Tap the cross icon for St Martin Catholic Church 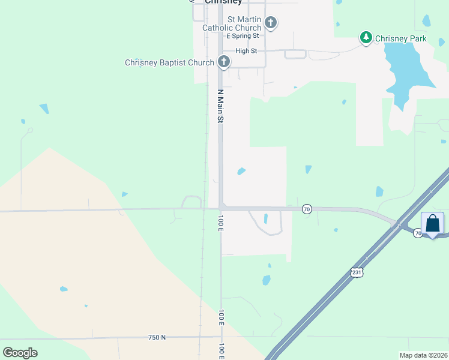pos(271,23)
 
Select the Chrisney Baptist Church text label pos(169,62)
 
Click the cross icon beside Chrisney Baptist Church pos(224,61)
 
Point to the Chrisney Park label pos(400,38)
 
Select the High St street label pos(246,51)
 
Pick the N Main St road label pos(220,106)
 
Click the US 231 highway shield pos(356,272)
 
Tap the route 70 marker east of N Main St pos(307,209)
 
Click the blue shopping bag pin pos(432,224)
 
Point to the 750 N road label pos(157,338)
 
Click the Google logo pos(20,352)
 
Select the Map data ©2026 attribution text pos(423,355)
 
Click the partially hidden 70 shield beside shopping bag pos(417,233)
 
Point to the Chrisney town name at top pos(223,2)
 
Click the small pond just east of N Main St pos(241,171)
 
